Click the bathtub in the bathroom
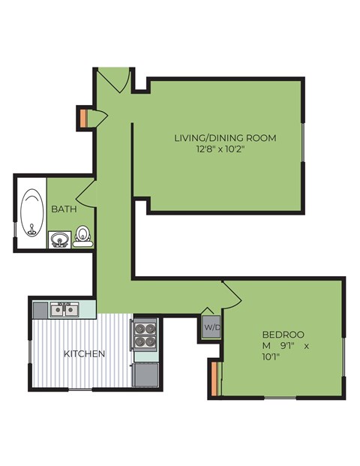click(31, 212)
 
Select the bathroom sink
click(60, 239)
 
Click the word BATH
click(63, 209)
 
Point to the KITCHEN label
click(84, 353)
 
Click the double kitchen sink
click(64, 308)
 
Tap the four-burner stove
click(144, 335)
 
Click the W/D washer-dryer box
click(211, 328)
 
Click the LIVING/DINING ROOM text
click(225, 137)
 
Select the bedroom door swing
click(231, 294)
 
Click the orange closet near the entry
click(82, 118)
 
